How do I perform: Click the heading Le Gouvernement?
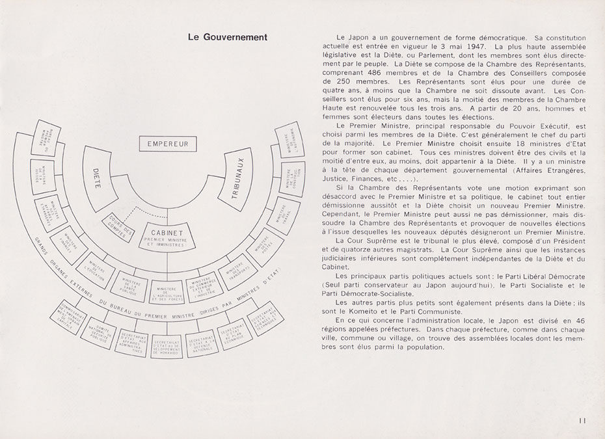pos(226,37)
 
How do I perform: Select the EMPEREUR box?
pos(167,143)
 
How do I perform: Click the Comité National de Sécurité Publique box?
pos(98,333)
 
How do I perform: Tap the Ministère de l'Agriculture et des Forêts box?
pos(168,293)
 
